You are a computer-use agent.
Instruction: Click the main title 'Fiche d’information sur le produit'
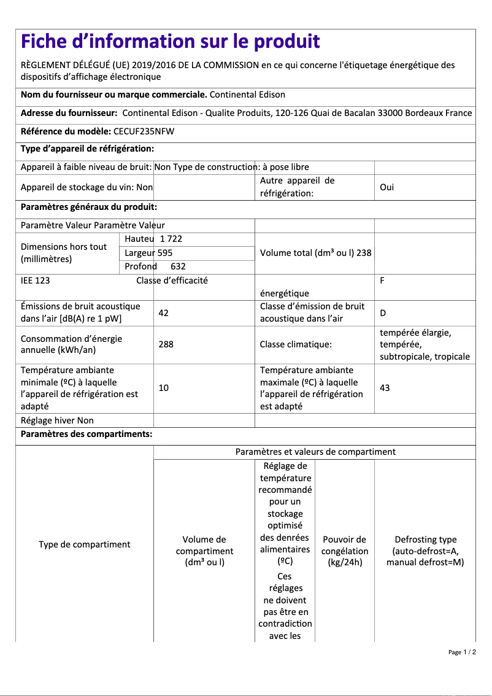click(170, 42)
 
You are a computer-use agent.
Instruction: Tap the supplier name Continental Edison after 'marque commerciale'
click(247, 95)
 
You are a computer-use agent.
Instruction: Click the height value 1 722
click(171, 239)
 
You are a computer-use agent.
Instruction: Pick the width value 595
click(165, 252)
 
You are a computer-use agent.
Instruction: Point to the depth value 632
click(177, 266)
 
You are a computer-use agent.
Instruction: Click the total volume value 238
click(364, 252)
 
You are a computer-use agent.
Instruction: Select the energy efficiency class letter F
click(382, 280)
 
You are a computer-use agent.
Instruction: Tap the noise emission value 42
click(163, 313)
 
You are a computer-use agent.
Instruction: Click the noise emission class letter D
click(383, 313)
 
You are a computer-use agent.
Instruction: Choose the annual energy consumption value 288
click(166, 344)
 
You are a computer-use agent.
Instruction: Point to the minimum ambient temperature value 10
click(163, 388)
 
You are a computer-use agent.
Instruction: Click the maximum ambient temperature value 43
click(385, 388)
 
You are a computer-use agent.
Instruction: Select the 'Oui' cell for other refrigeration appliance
click(386, 187)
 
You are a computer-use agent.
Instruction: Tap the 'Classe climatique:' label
click(296, 344)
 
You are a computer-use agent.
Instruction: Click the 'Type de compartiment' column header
click(85, 544)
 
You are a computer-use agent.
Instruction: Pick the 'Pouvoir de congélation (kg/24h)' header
click(344, 551)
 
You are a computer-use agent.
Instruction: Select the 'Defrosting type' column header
click(425, 551)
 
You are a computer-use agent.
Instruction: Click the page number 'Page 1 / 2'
click(462, 652)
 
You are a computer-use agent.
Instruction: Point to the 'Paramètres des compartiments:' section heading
click(86, 435)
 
